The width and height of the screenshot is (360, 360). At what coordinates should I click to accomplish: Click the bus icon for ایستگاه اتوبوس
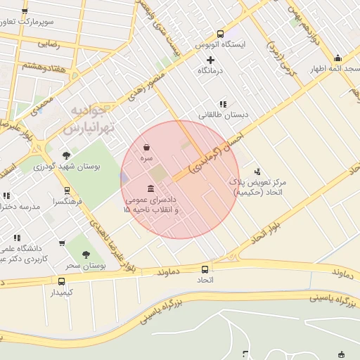[220, 34]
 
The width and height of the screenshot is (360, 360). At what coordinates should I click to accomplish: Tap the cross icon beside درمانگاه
[210, 60]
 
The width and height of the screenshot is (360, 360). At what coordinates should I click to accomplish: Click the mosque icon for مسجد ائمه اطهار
[337, 58]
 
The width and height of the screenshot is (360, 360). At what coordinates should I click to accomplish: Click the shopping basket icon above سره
[146, 148]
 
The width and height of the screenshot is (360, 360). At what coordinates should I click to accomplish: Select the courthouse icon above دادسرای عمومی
[151, 188]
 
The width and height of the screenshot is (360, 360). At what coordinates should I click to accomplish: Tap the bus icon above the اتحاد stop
[205, 269]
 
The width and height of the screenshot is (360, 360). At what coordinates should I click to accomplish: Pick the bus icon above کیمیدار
[61, 281]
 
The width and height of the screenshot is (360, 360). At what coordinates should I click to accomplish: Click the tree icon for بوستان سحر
[86, 255]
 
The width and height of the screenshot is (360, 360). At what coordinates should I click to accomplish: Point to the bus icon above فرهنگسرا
[67, 190]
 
